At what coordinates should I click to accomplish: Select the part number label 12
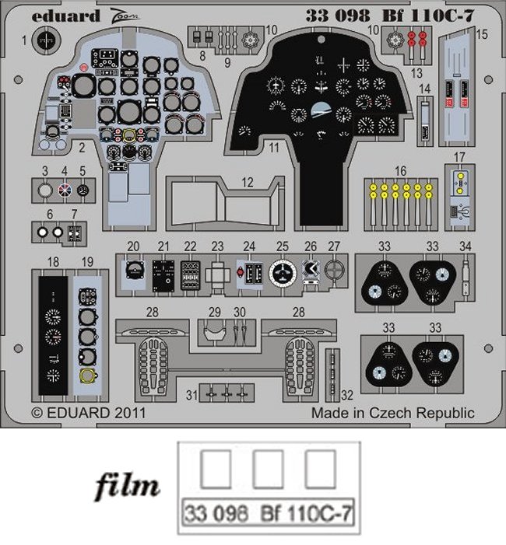point(248,182)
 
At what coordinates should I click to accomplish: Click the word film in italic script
point(128,487)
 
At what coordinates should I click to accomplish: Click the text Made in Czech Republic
point(392,413)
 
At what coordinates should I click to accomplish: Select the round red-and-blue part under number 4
point(65,189)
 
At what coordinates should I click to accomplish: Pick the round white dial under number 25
point(281,272)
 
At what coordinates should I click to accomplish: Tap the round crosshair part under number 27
point(334,271)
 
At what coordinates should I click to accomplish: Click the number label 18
point(52,262)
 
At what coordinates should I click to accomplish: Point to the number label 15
point(482,34)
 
